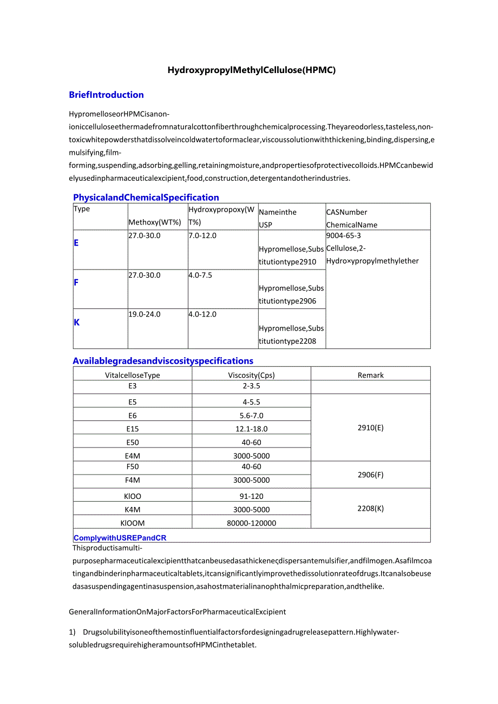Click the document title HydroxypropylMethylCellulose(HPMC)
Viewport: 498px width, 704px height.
[x=251, y=70]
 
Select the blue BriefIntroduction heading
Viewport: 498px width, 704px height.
[x=106, y=95]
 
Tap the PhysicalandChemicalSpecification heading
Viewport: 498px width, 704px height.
[x=146, y=198]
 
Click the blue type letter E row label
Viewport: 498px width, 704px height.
[x=76, y=243]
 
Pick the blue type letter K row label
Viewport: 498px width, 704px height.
[x=76, y=322]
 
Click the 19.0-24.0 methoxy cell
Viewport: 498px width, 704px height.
[x=145, y=314]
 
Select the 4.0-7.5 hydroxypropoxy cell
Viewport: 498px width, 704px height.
[x=200, y=275]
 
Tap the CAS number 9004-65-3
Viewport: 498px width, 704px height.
[x=343, y=235]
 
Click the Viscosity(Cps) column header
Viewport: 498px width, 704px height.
[x=251, y=375]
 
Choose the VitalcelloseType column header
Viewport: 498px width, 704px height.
[x=133, y=375]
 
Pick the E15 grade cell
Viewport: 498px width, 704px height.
[x=133, y=429]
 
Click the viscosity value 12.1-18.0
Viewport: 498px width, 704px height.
[x=251, y=429]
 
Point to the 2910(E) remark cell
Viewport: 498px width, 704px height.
[x=370, y=427]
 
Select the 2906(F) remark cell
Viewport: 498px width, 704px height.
[x=370, y=475]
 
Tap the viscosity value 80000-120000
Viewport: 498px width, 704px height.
[x=251, y=523]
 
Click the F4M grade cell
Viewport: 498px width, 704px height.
[x=133, y=480]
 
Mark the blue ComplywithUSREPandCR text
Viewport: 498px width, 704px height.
[x=120, y=538]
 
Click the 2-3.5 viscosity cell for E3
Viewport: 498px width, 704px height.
[x=251, y=386]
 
